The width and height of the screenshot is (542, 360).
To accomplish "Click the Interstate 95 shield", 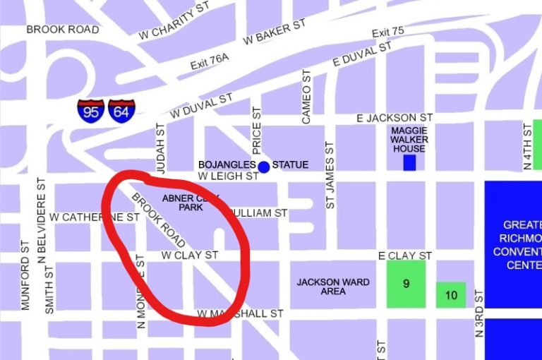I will (91, 112).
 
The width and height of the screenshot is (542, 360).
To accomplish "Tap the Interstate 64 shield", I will (121, 112).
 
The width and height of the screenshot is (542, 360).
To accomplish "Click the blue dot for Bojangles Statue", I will (264, 167).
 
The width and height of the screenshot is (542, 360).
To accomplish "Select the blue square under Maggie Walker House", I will (409, 162).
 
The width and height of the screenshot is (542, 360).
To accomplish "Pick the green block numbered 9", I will (406, 284).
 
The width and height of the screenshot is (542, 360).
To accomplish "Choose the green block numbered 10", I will (451, 295).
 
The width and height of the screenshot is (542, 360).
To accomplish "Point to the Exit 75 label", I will (388, 32).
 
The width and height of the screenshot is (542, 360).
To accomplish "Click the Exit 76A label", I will (209, 64).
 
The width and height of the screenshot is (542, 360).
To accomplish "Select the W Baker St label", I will (275, 32).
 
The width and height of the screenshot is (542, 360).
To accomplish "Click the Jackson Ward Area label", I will (333, 287).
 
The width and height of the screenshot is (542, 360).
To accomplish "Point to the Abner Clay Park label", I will (191, 203).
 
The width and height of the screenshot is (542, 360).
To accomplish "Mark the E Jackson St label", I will (395, 117).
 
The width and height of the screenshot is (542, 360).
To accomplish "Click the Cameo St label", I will (306, 97).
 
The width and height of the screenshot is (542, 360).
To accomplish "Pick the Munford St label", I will (25, 282).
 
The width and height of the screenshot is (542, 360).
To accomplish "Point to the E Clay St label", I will (405, 255).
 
